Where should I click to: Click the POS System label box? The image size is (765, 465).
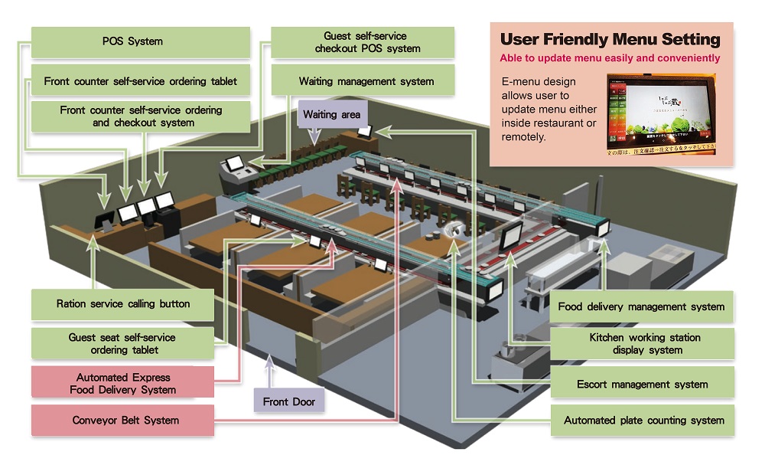132,42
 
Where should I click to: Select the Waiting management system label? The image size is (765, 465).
366,81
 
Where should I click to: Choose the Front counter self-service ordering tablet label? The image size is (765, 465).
141,81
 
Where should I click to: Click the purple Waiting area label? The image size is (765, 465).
330,115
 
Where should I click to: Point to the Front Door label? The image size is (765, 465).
288,401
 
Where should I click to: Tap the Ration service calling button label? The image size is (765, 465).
122,304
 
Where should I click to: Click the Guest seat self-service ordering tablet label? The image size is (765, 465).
122,343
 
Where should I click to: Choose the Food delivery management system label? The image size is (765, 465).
641,306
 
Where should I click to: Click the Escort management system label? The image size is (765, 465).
642,384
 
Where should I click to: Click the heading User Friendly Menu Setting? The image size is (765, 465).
610,39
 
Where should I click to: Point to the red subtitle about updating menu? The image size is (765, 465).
610,58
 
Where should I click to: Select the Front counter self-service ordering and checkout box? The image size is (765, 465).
141,116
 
